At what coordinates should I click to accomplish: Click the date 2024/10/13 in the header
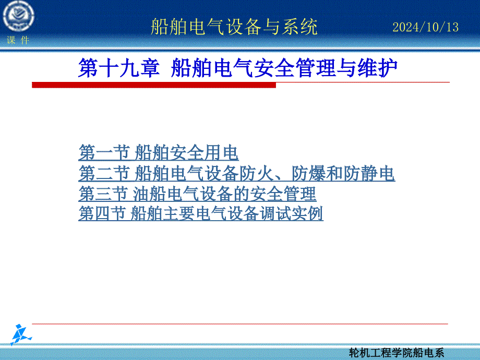click(x=426, y=27)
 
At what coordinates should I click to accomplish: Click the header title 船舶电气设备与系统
click(x=234, y=27)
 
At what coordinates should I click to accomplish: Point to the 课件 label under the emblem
click(x=18, y=40)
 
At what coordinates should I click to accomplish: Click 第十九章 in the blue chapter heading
click(x=119, y=68)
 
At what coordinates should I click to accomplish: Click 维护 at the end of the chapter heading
click(x=377, y=68)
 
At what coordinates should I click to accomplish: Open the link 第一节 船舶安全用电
click(x=159, y=152)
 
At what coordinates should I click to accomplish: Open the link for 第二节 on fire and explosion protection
click(x=237, y=173)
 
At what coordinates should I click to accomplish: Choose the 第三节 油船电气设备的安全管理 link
click(x=197, y=194)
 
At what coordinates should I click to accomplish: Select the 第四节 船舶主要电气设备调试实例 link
click(x=201, y=213)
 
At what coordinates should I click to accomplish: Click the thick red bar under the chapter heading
click(x=154, y=85)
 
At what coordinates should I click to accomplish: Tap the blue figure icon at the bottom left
click(x=20, y=334)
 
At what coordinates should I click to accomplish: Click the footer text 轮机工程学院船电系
click(x=397, y=353)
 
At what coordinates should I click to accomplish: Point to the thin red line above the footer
click(x=240, y=323)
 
